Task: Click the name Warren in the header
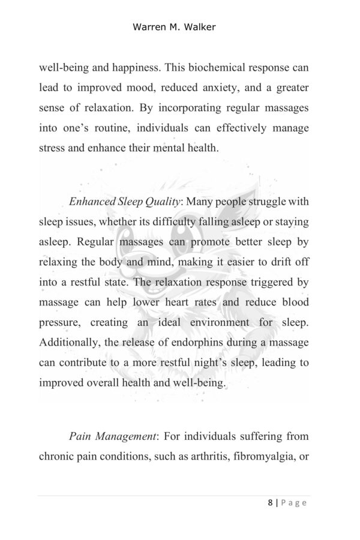click(x=149, y=28)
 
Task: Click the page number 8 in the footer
click(x=271, y=503)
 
